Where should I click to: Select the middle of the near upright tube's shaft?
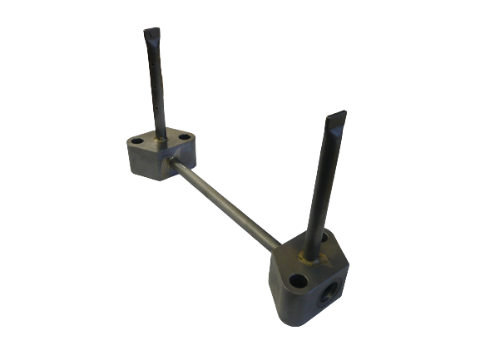click(322, 187)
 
